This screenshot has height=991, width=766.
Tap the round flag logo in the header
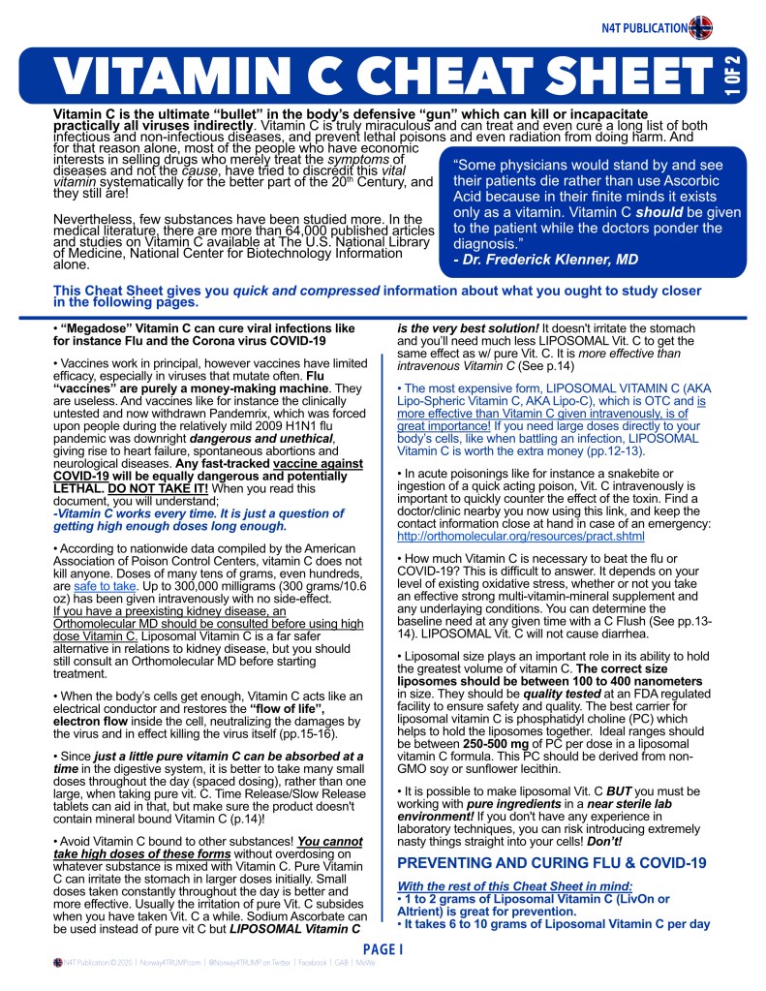pyautogui.click(x=701, y=27)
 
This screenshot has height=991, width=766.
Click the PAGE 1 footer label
pyautogui.click(x=383, y=950)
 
